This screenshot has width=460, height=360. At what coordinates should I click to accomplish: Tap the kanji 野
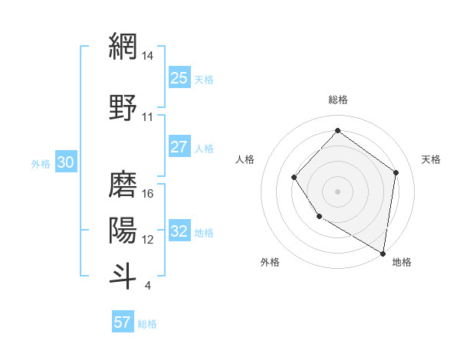[123, 106]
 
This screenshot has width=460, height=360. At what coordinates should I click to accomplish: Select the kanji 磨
[123, 182]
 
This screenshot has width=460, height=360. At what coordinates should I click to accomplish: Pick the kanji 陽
[123, 228]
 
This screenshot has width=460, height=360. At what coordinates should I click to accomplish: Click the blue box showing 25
[179, 78]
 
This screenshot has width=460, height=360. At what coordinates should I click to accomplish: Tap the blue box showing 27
[179, 147]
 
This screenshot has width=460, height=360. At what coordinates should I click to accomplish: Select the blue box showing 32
[179, 231]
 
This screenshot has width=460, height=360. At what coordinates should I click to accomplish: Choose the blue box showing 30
[65, 162]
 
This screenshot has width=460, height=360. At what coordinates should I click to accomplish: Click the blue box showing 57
[123, 322]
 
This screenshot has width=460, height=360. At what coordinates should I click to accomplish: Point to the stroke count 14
[149, 56]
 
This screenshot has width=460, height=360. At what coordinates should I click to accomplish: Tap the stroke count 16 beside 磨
[149, 193]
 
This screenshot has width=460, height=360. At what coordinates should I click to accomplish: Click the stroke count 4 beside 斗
[147, 286]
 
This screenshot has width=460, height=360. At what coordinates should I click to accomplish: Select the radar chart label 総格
[337, 100]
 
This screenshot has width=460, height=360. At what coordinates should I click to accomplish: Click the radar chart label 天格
[431, 159]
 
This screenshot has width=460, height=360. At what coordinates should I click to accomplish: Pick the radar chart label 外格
[270, 263]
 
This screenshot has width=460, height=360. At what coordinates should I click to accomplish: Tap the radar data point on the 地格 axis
[383, 253]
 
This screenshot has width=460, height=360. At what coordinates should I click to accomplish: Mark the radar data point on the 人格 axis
[294, 178]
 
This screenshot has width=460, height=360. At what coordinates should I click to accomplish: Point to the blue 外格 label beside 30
[40, 163]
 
